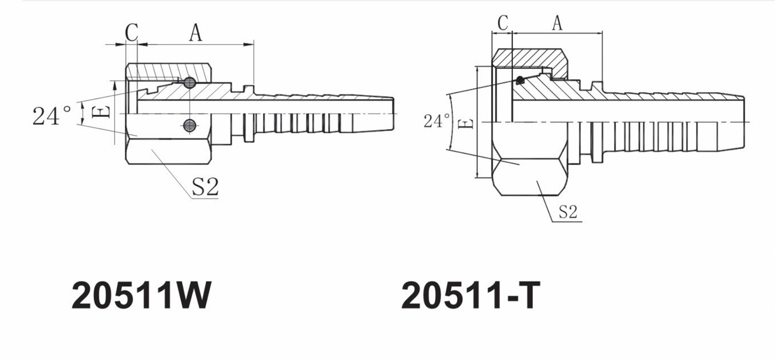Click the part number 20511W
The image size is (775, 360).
[x=141, y=295]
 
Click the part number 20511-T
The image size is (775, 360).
[x=469, y=295]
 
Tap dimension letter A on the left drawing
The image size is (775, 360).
[x=195, y=33]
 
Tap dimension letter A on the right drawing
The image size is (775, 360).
[x=557, y=22]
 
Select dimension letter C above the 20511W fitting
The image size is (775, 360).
[x=132, y=33]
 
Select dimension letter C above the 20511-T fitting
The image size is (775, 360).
[x=503, y=22]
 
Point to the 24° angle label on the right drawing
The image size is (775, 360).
[x=436, y=121]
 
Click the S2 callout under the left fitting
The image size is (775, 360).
[x=205, y=187]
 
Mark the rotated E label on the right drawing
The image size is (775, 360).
[x=464, y=125]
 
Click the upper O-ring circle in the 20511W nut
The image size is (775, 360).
[x=189, y=83]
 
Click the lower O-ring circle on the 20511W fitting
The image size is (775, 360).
[x=189, y=124]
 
